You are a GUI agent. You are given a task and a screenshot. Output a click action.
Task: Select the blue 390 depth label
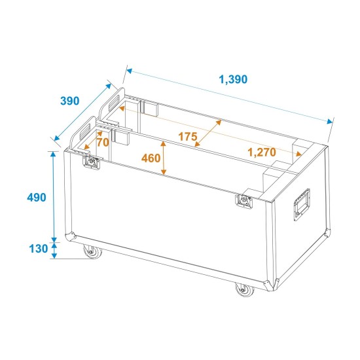69,101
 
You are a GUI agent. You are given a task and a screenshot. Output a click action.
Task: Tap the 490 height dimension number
37,197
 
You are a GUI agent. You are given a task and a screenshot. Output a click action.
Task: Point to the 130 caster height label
39,249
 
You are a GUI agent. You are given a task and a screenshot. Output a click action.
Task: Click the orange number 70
102,142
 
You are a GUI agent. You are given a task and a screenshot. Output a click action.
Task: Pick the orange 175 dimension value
187,137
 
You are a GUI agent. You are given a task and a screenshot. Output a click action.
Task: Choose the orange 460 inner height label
151,159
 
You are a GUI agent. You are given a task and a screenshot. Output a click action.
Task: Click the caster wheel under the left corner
88,251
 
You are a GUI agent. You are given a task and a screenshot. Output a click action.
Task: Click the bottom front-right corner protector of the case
269,283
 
